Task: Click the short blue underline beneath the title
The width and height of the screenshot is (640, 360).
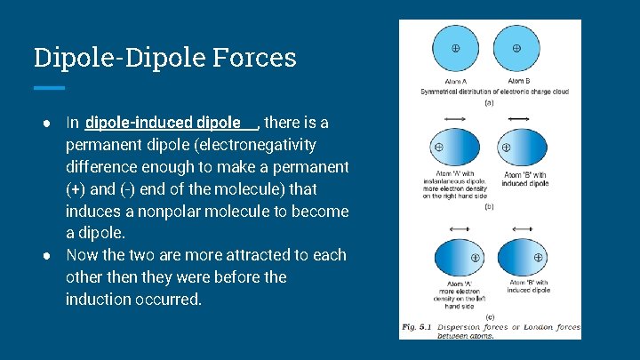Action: pyautogui.click(x=49, y=88)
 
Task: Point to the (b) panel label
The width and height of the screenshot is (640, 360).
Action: pyautogui.click(x=488, y=206)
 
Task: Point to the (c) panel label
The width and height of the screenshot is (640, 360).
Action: pyautogui.click(x=488, y=316)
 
